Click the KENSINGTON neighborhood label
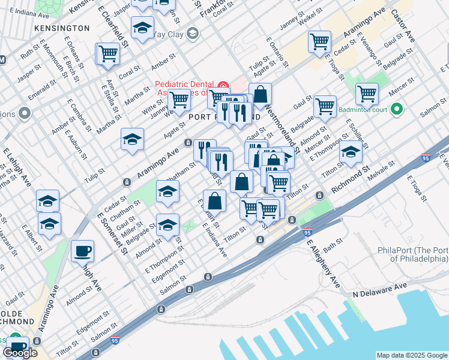click(x=62, y=28)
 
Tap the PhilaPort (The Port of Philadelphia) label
click(x=412, y=254)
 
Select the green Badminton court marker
click(x=396, y=109)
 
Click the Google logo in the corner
click(x=20, y=353)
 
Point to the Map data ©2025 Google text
click(x=412, y=355)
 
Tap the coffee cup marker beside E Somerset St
click(x=82, y=251)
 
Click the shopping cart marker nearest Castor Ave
click(x=367, y=94)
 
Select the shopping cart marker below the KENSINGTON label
click(x=108, y=53)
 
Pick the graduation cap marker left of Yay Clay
click(x=142, y=28)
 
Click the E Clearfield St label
click(x=116, y=25)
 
